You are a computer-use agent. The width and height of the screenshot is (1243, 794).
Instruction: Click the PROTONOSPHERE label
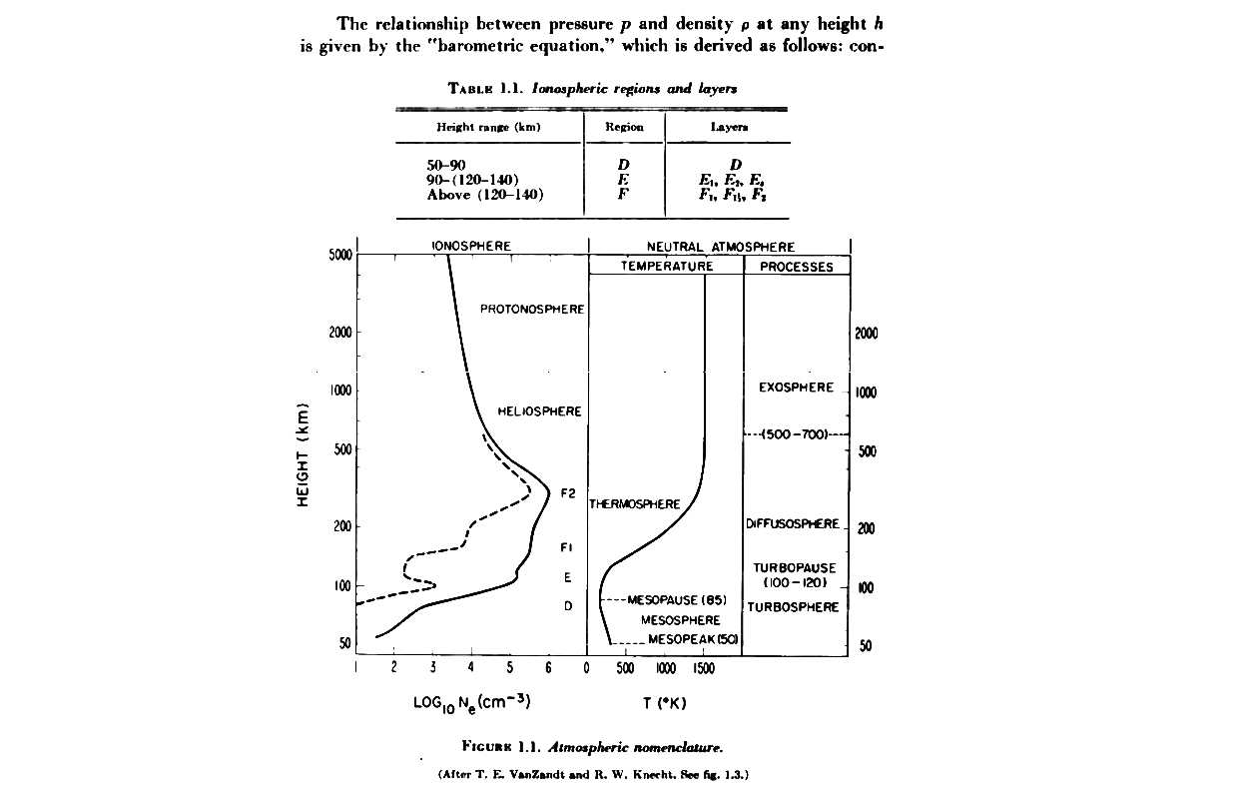click(531, 310)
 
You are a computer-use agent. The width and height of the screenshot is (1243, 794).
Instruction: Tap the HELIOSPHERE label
click(539, 411)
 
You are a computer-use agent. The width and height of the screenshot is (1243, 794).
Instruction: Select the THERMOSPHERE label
click(635, 504)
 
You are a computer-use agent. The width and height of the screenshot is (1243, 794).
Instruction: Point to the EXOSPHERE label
click(796, 388)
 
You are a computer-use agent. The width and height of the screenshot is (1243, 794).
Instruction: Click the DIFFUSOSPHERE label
click(793, 523)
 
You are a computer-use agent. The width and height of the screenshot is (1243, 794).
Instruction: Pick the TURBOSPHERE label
click(794, 607)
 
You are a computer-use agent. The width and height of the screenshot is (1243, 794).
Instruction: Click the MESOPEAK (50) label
click(693, 639)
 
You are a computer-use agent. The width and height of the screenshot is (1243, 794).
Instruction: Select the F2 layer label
click(569, 493)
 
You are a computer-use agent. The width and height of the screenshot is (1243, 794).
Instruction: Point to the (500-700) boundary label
click(795, 434)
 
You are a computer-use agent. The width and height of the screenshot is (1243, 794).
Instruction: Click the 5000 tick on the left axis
click(340, 255)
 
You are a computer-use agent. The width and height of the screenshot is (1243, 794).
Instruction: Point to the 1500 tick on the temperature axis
click(703, 667)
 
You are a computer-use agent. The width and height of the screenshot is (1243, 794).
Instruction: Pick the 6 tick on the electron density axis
click(548, 667)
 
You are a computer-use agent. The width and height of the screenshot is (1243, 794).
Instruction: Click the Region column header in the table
click(624, 127)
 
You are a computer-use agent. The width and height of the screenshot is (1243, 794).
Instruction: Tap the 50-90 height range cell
click(446, 165)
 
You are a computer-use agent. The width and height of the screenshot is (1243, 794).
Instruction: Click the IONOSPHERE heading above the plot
click(471, 246)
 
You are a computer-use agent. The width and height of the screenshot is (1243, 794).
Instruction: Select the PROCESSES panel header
click(796, 267)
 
